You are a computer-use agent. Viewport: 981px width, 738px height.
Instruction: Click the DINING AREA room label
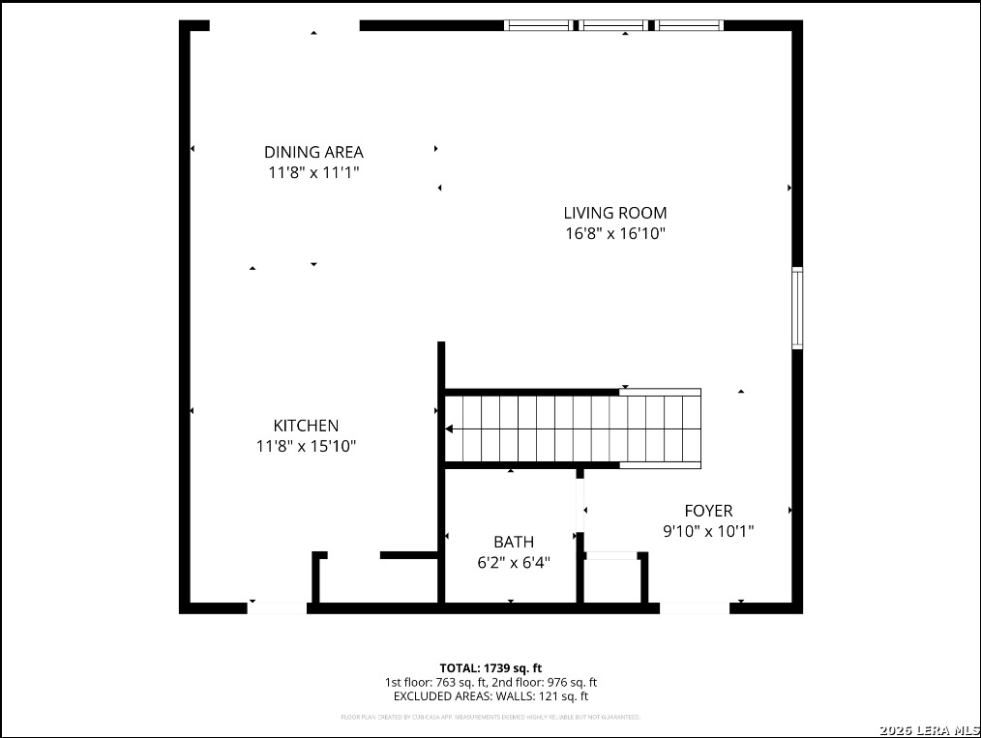point(313,152)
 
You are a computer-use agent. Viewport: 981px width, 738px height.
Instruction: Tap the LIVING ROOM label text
point(615,213)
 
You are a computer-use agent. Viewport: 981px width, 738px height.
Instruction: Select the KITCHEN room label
point(306,426)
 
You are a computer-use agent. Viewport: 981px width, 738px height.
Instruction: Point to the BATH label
point(513,543)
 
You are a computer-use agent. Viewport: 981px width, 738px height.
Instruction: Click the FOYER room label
point(708,511)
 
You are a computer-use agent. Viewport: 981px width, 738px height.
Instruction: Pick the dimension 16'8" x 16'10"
point(615,234)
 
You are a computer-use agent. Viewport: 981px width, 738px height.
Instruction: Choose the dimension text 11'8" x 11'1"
point(313,173)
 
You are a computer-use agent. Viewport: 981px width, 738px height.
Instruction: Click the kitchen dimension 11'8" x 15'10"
point(306,447)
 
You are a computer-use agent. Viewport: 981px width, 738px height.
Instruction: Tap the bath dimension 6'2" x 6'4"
point(513,563)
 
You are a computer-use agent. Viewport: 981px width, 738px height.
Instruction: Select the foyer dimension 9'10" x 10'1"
point(708,531)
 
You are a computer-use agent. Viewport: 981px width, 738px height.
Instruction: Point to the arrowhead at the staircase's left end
point(449,428)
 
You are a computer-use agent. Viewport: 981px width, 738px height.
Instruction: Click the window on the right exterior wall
point(797,309)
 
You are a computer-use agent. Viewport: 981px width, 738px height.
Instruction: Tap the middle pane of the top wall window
point(613,25)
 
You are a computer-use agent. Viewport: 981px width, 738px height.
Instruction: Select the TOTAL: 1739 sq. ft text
point(490,668)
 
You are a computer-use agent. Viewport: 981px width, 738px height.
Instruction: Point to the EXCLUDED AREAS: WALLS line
point(490,696)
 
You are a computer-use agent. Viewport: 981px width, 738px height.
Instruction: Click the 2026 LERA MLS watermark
point(929,729)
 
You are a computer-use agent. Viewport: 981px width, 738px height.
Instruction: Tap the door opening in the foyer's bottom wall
point(695,608)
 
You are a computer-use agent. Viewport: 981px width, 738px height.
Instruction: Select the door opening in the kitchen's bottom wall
point(278,608)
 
